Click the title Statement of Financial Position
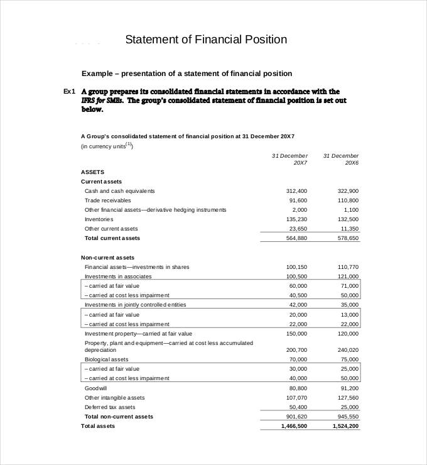tap(206, 40)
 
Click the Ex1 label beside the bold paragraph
tap(69, 92)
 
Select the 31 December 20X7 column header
tap(289, 159)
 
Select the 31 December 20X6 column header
tap(341, 159)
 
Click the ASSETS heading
tap(93, 172)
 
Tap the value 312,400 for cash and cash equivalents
tap(296, 191)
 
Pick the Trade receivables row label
tap(108, 200)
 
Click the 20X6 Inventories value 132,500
tap(348, 219)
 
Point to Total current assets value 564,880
tap(296, 238)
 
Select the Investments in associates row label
tap(118, 276)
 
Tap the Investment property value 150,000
tap(296, 334)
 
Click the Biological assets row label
tap(107, 359)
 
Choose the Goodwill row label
tap(96, 388)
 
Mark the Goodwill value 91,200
tap(349, 388)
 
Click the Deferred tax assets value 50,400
tap(298, 407)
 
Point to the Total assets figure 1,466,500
tap(294, 426)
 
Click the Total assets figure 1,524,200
tap(345, 426)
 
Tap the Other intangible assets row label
tap(115, 398)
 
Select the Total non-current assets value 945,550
tap(348, 417)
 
